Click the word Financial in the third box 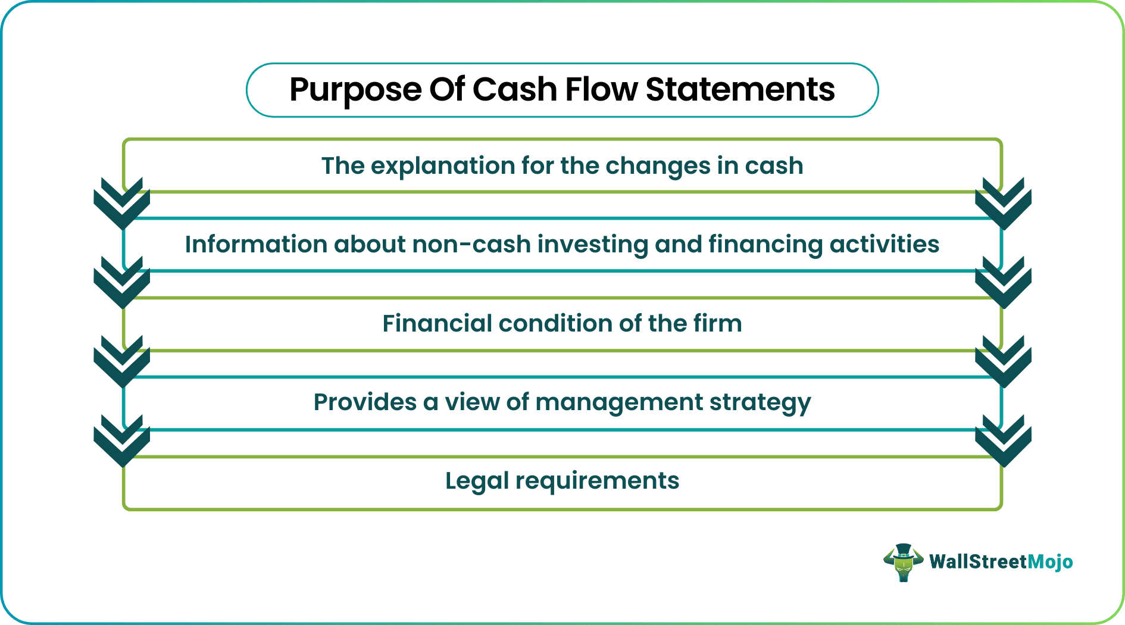pyautogui.click(x=437, y=324)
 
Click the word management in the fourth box pyautogui.click(x=619, y=403)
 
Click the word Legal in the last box pyautogui.click(x=476, y=481)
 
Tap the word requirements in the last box pyautogui.click(x=597, y=481)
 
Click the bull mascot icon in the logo pyautogui.click(x=903, y=562)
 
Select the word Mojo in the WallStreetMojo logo pyautogui.click(x=1050, y=562)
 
